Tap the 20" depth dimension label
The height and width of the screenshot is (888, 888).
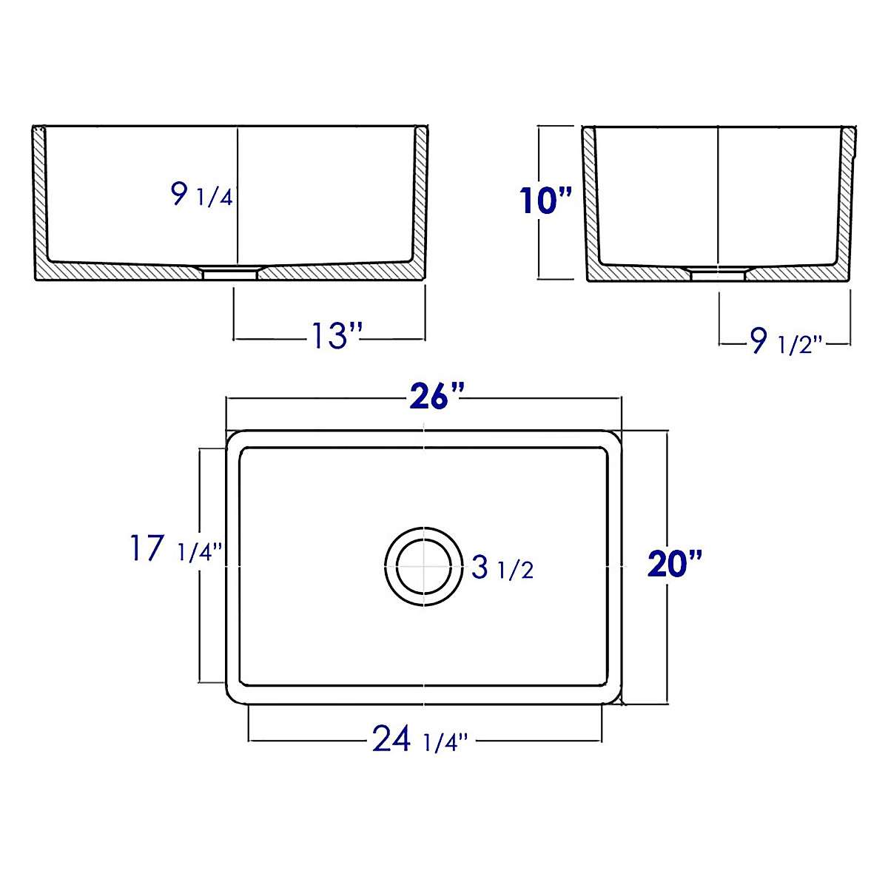(673, 565)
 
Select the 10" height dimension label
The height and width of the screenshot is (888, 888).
(546, 201)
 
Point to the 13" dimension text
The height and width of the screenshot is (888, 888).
(334, 337)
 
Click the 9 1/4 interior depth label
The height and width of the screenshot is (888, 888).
(201, 195)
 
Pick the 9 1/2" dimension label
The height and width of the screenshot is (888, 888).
(786, 342)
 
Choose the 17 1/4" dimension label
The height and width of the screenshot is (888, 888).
(175, 550)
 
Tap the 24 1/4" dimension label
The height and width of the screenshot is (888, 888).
(420, 739)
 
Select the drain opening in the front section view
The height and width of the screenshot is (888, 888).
(230, 272)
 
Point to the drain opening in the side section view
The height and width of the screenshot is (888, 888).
(718, 273)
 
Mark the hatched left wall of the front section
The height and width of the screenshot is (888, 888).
(39, 200)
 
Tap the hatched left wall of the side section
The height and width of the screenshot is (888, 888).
(590, 200)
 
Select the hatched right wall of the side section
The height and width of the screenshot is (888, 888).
(845, 200)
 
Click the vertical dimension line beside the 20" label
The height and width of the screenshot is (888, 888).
(668, 503)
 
